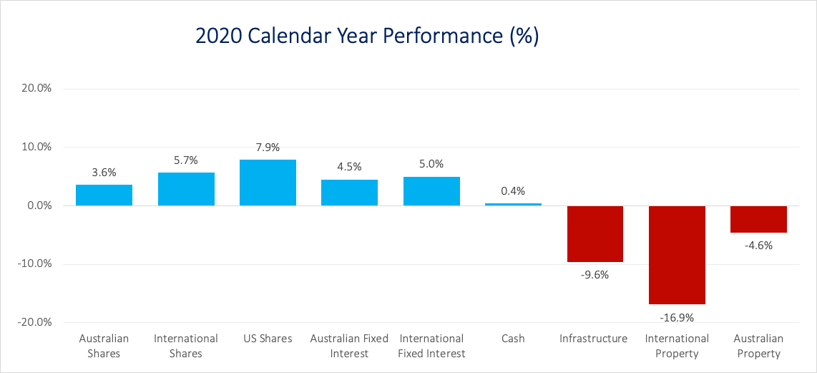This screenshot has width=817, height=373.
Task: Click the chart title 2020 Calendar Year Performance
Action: pyautogui.click(x=366, y=37)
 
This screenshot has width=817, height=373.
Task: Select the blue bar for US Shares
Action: pyautogui.click(x=268, y=183)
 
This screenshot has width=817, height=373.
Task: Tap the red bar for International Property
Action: pyautogui.click(x=677, y=255)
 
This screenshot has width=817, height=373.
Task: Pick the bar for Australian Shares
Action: pyautogui.click(x=104, y=195)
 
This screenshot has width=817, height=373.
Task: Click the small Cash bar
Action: pyautogui.click(x=513, y=204)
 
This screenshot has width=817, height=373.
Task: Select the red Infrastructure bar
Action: pyautogui.click(x=595, y=234)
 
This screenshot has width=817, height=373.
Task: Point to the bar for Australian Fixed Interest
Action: pyautogui.click(x=349, y=193)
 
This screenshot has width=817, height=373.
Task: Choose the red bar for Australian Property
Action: pyautogui.click(x=758, y=219)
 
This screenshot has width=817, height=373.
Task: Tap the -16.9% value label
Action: pyautogui.click(x=677, y=317)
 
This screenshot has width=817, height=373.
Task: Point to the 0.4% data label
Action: pyautogui.click(x=513, y=191)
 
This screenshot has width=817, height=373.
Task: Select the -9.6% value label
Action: pyautogui.click(x=595, y=274)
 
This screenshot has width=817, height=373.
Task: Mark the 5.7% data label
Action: pyautogui.click(x=186, y=160)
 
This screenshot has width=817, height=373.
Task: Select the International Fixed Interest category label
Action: pyautogui.click(x=431, y=346)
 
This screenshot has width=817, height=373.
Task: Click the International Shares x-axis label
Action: pyautogui.click(x=186, y=346)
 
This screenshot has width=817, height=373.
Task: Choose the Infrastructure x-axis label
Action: pyautogui.click(x=594, y=339)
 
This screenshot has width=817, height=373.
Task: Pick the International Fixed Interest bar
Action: pyautogui.click(x=431, y=191)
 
